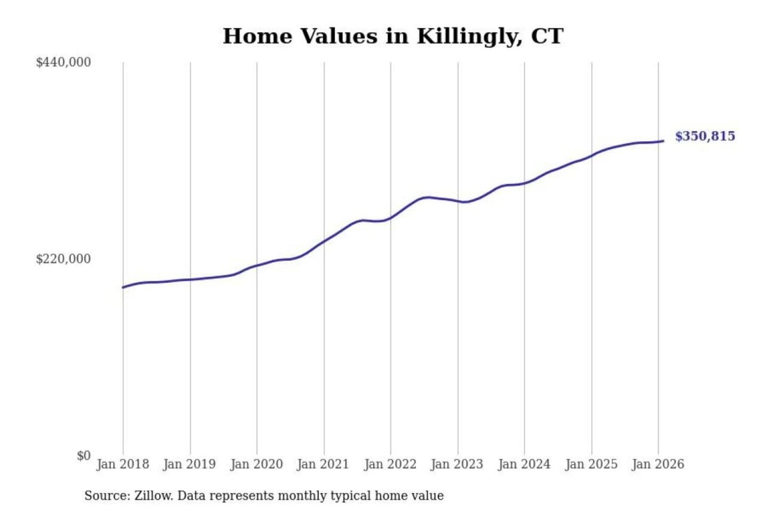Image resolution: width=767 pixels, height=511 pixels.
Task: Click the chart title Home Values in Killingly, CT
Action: (393, 36)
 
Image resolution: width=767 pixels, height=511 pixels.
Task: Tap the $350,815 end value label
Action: (705, 136)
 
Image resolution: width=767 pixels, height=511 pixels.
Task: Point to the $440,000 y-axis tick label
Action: (63, 62)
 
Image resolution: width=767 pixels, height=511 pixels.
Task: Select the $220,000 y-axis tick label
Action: (63, 259)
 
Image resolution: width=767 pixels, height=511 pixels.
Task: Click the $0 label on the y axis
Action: (84, 456)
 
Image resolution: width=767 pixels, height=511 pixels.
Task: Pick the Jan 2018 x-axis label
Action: (123, 464)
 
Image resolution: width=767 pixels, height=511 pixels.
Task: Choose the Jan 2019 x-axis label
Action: (189, 464)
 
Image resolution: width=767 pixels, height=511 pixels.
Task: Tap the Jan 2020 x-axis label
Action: (256, 464)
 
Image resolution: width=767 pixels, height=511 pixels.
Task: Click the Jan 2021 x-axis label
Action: (323, 464)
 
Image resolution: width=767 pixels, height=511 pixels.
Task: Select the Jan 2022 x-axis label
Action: (390, 464)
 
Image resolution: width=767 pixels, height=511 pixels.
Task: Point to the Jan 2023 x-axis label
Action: (456, 464)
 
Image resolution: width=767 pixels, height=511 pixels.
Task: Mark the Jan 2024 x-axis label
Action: (524, 464)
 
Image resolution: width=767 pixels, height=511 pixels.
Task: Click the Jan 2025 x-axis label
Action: (591, 464)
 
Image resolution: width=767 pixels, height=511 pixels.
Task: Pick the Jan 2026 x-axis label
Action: (657, 464)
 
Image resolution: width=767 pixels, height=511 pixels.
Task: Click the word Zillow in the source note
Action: (153, 496)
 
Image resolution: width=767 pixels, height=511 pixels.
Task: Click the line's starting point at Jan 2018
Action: (123, 287)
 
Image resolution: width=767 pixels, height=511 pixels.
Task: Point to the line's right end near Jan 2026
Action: (663, 141)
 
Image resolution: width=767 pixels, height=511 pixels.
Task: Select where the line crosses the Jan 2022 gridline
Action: (390, 218)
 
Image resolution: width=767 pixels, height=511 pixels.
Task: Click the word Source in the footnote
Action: (107, 496)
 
